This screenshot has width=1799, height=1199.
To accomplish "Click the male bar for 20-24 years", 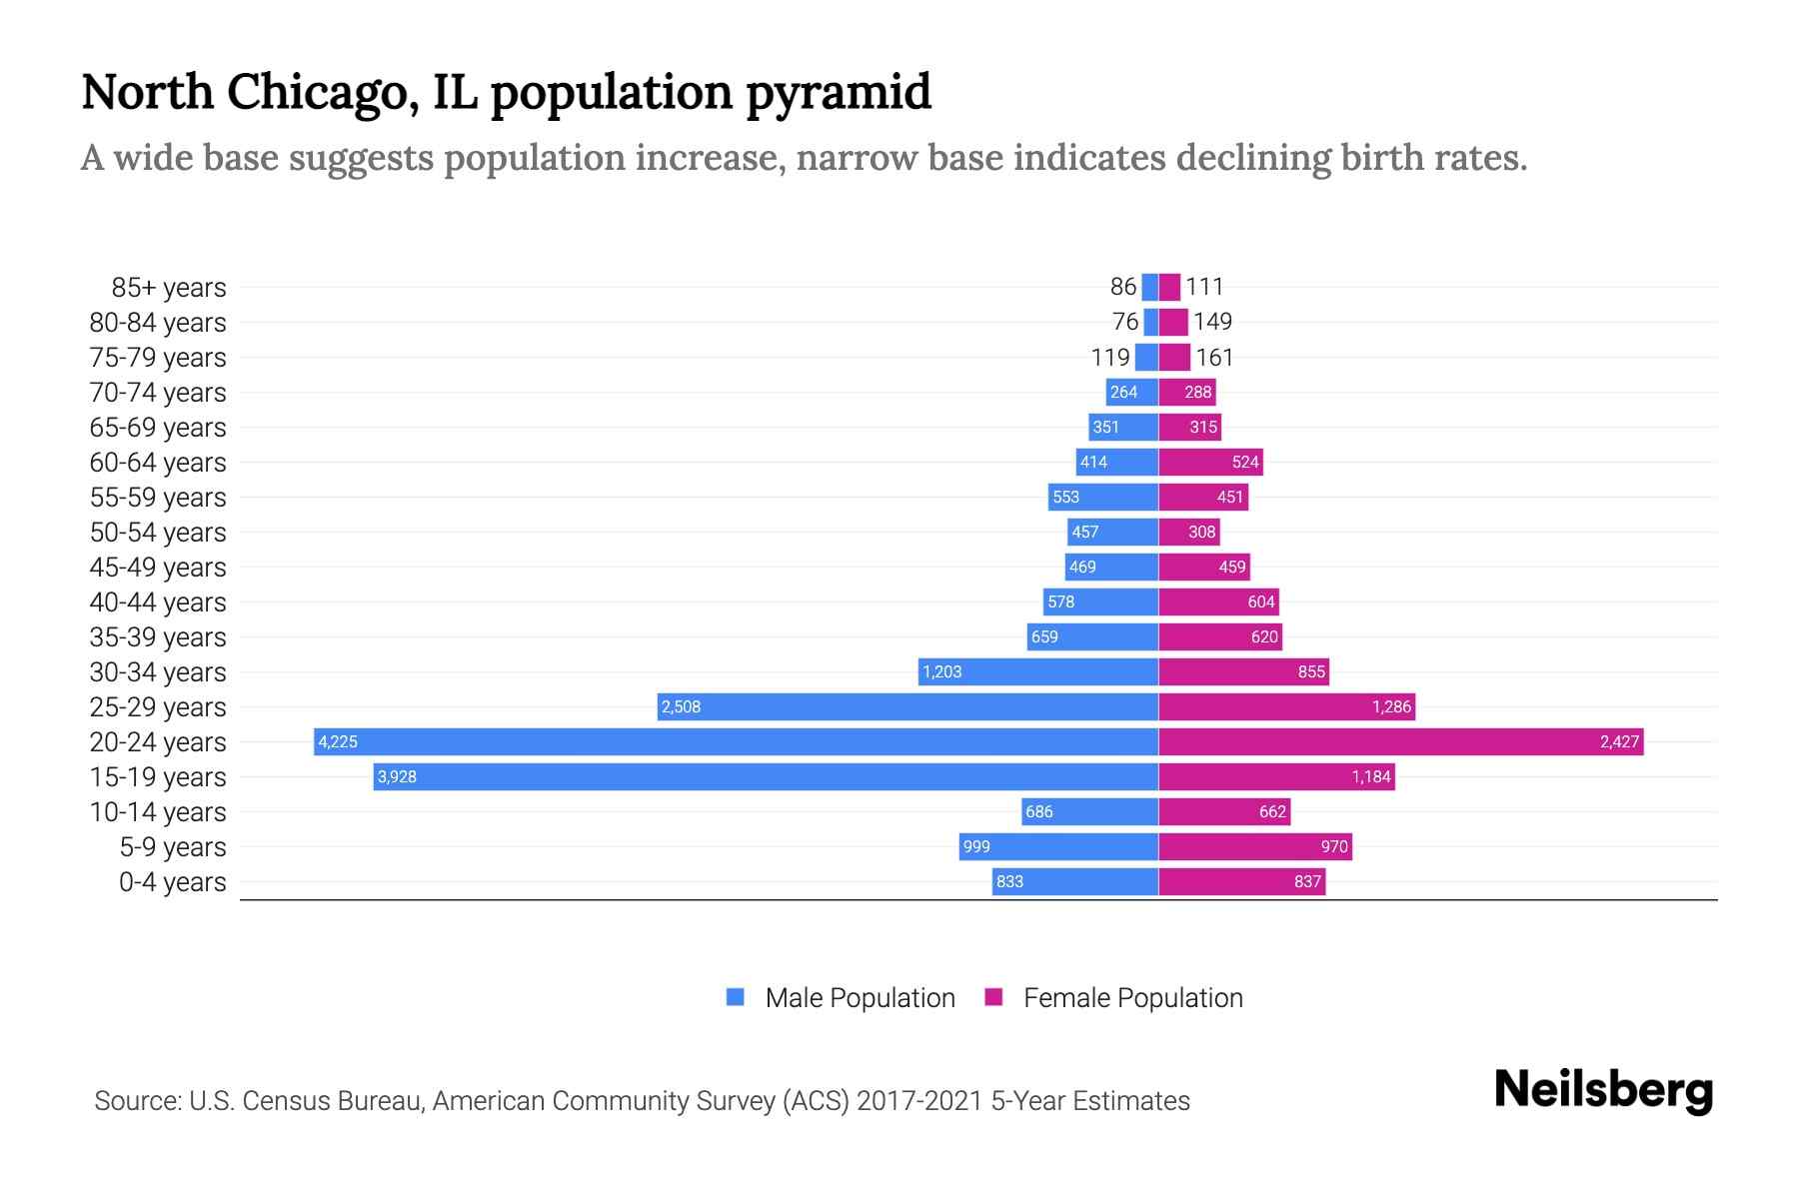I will (736, 741).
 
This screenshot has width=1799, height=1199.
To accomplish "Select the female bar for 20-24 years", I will (1399, 741).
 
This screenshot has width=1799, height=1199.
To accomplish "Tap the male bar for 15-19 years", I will (766, 776).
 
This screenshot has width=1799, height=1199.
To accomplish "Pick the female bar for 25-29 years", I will (1286, 706).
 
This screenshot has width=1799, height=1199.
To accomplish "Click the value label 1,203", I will (941, 671).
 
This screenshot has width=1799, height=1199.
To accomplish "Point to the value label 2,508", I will (681, 706).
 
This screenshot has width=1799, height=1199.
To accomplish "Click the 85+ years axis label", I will (168, 287).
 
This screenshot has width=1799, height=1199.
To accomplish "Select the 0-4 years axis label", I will (172, 881).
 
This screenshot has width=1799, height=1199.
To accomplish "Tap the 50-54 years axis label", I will (158, 532).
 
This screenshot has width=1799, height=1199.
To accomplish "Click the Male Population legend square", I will (736, 997).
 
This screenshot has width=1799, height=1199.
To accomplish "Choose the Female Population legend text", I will (1132, 997).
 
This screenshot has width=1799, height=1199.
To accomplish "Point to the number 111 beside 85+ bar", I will (1204, 287).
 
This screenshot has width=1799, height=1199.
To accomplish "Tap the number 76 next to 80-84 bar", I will (1125, 322).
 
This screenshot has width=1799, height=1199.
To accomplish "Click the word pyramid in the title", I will (839, 92).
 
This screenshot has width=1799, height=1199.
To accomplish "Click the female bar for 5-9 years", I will (1255, 846).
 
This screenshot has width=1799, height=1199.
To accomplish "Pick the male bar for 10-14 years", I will (1089, 811).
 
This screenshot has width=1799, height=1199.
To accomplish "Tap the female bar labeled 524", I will (1210, 462).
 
